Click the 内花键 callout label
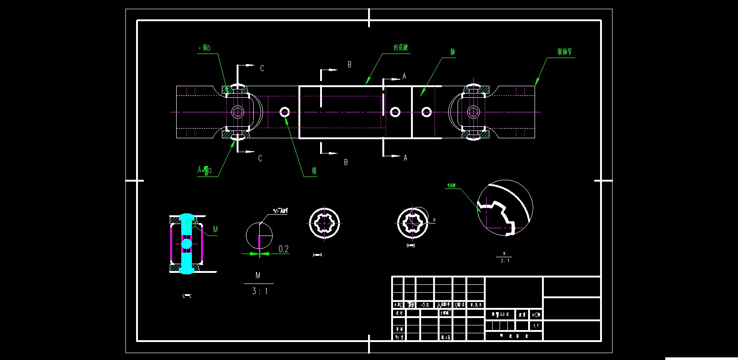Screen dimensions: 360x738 [400, 47]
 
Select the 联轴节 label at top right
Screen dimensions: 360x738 [565, 52]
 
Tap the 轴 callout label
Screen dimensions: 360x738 [452, 52]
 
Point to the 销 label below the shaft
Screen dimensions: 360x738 [314, 171]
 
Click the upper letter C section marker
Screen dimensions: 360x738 [262, 69]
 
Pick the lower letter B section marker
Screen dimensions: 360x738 [346, 162]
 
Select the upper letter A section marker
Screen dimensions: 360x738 [405, 77]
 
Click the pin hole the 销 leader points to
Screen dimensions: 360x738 [285, 112]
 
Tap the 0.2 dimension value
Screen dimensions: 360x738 [284, 249]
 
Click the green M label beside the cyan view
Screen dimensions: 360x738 [215, 229]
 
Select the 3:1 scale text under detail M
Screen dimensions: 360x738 [260, 291]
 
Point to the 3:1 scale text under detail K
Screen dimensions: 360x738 [505, 261]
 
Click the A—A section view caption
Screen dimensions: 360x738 [317, 255]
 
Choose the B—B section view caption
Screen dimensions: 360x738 [411, 246]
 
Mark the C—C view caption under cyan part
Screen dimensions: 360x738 [187, 296]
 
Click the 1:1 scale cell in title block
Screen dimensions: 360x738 [536, 326]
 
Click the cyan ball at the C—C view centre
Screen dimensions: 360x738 [186, 243]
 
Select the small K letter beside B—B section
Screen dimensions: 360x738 [434, 220]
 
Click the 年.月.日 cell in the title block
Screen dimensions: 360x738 [476, 305]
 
